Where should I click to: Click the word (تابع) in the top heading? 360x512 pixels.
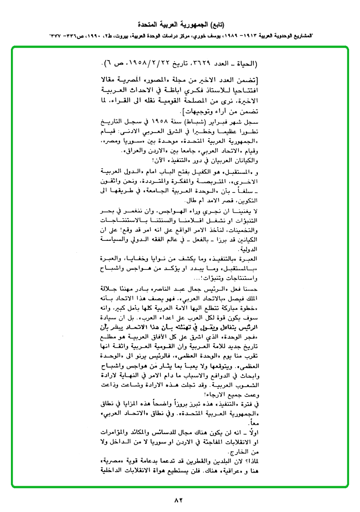pyautogui.click(x=215, y=24)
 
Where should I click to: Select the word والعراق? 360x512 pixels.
pyautogui.click(x=111, y=152)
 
